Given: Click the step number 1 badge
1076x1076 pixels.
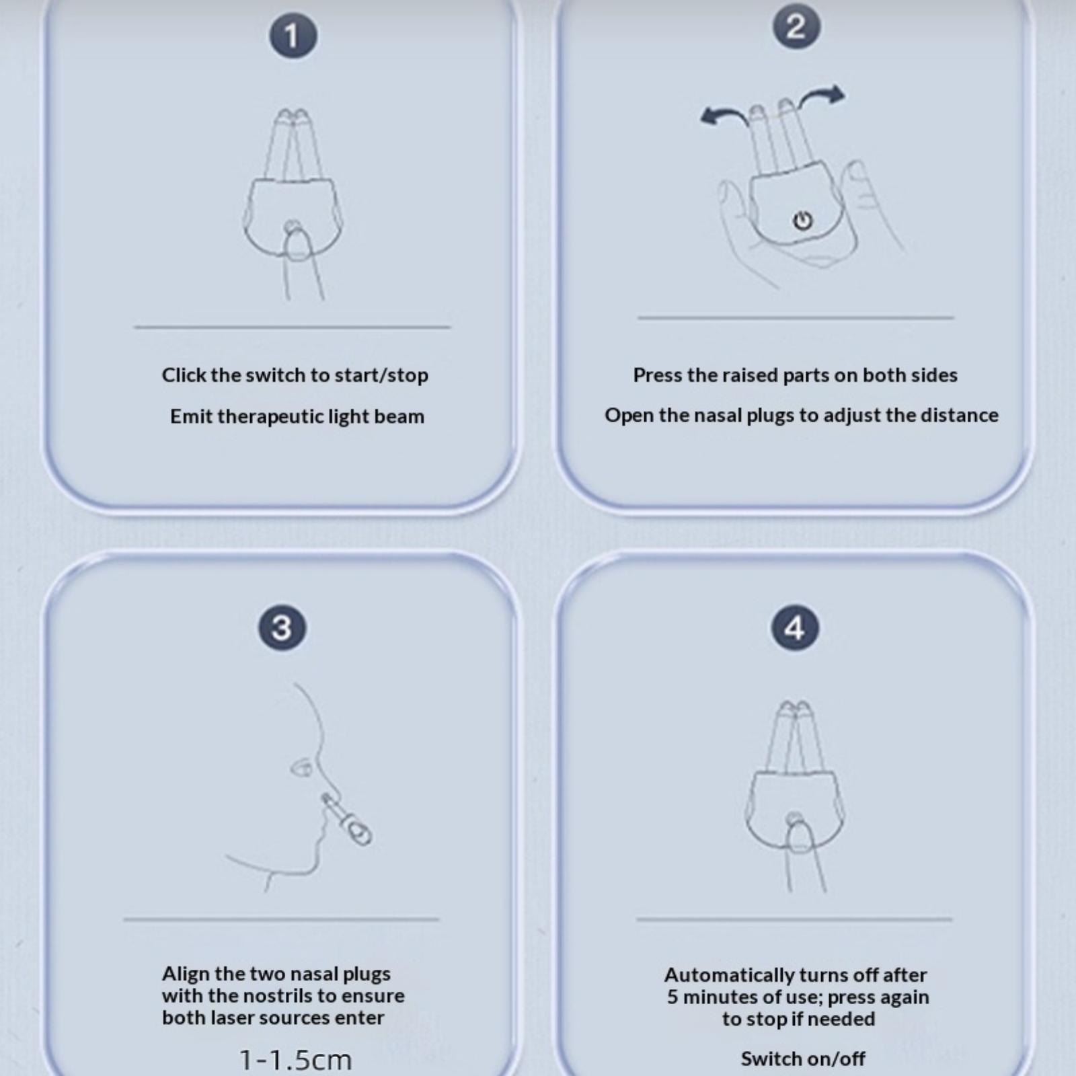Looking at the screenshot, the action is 293,35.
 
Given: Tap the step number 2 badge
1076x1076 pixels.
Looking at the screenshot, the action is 796,27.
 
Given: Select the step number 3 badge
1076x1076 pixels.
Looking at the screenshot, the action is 282,627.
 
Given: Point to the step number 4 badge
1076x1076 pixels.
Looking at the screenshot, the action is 795,627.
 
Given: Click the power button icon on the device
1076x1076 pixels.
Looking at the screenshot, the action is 802,220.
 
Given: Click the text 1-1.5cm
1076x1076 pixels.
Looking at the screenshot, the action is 296,1060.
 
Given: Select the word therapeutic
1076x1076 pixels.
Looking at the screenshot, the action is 271,417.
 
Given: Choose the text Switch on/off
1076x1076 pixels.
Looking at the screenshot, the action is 803,1059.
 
